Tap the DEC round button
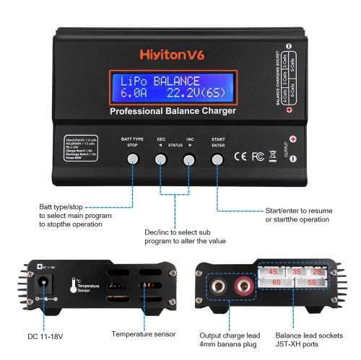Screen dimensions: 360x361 coord(161,159)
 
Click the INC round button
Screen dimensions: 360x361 coord(190,159)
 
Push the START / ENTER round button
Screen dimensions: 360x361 coord(218,159)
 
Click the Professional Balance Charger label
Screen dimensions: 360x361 coord(171,112)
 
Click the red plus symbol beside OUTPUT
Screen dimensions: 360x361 coord(292,139)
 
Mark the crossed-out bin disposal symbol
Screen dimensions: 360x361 coord(272,154)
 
